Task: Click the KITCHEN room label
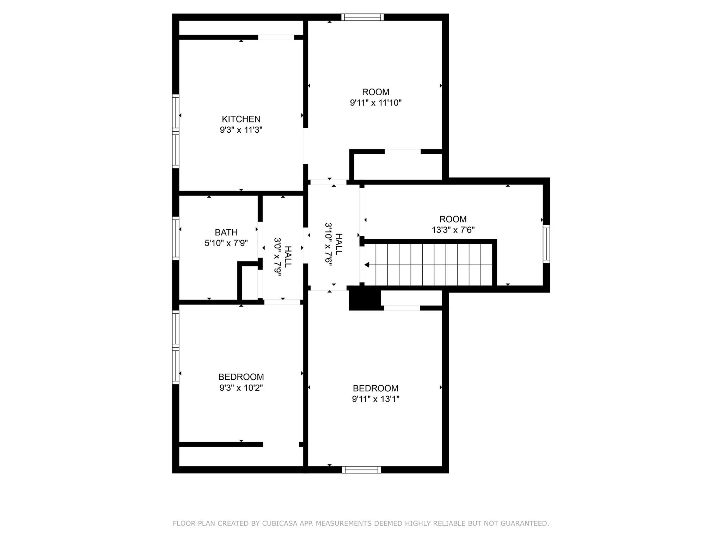coord(241,119)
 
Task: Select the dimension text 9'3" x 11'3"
coord(241,130)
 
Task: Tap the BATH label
coord(226,232)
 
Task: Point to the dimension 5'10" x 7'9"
coord(226,243)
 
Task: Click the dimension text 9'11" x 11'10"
coord(376,103)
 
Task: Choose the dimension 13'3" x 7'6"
coord(453,230)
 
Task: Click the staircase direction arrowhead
coord(367,265)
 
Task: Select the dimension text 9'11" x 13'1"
coord(375,399)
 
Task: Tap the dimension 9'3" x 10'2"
coord(241,388)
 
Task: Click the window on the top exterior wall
coord(362,17)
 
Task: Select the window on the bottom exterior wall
coord(361,469)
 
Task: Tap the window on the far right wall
coord(546,244)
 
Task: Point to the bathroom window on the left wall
coord(176,239)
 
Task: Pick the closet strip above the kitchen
coord(241,28)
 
